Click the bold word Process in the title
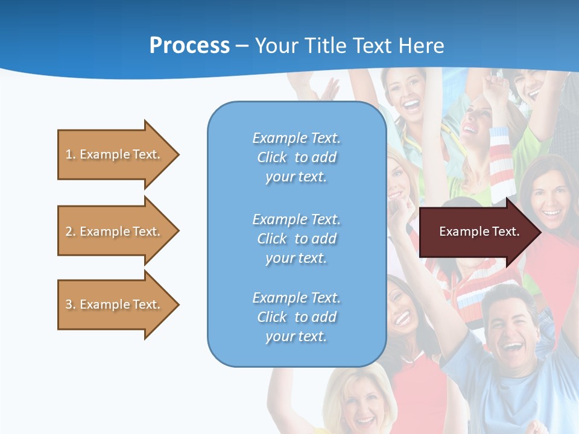click(189, 46)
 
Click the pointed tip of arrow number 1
click(177, 154)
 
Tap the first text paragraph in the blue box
click(296, 157)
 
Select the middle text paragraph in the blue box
click(296, 239)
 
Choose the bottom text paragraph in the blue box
click(296, 317)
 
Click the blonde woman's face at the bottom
click(361, 401)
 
